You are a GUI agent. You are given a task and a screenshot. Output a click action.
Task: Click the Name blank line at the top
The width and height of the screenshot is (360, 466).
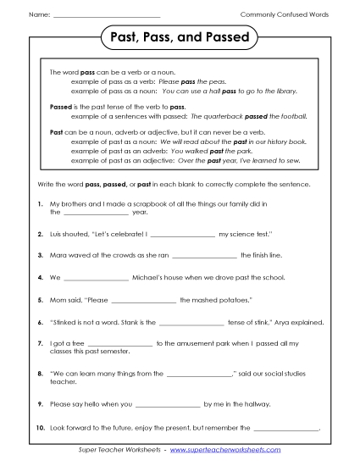(x=106, y=16)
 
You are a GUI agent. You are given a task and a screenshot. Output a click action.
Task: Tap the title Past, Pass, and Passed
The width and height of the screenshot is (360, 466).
(x=180, y=39)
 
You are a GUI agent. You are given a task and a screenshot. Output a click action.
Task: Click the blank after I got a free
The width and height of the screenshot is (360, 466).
(x=120, y=344)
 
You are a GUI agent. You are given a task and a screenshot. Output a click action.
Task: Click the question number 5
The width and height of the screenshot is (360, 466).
(x=40, y=300)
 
